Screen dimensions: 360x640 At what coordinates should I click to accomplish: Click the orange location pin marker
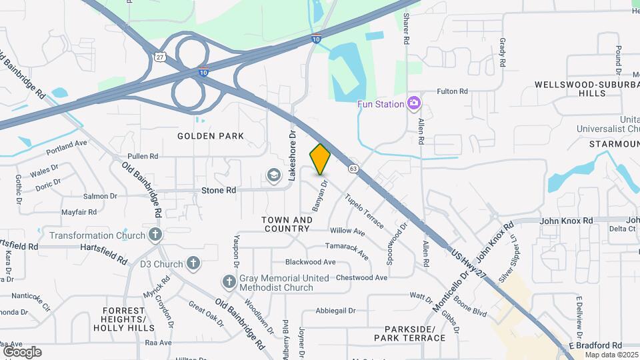point(320,159)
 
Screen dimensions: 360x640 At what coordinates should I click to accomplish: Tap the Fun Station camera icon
point(414,103)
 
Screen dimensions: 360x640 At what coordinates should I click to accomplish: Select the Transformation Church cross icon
point(155,235)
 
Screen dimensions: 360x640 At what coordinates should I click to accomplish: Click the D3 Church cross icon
point(193,263)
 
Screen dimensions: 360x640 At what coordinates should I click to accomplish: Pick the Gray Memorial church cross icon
point(229,282)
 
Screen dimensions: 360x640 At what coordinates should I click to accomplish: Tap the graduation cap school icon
point(273,175)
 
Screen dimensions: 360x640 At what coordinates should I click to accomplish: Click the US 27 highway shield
point(161,57)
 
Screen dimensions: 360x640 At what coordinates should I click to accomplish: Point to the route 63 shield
point(353,169)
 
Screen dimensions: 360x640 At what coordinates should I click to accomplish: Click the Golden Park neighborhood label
point(211,136)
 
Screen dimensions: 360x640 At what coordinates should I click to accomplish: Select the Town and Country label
point(287,224)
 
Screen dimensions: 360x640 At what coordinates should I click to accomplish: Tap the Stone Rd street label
point(219,190)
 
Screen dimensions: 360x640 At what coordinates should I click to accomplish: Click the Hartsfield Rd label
point(103,245)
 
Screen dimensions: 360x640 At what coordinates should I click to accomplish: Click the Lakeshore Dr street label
point(291,155)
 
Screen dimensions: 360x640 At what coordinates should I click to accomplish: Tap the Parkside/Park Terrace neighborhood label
point(415,333)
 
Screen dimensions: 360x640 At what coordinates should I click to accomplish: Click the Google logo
point(22,352)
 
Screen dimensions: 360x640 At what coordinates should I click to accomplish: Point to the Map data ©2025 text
point(611,355)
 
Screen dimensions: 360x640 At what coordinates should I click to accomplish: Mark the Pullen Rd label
point(143,157)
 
